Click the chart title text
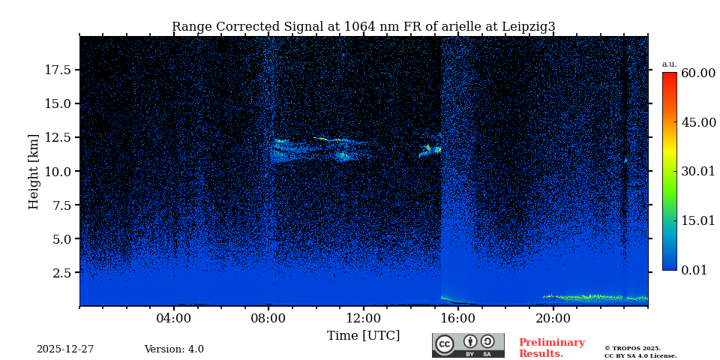[364, 27]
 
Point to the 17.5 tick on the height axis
[58, 70]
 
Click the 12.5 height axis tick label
[58, 137]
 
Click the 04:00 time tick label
[174, 318]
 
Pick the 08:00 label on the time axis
[268, 318]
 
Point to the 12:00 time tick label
[364, 318]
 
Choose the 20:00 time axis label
[553, 318]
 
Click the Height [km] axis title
[34, 171]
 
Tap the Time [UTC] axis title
[364, 335]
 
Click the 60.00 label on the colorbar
[697, 73]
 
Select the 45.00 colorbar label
[697, 122]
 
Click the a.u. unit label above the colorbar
[669, 64]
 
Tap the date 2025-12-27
[65, 349]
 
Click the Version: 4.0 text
[174, 349]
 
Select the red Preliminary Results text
[551, 348]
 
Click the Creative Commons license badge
[468, 345]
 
